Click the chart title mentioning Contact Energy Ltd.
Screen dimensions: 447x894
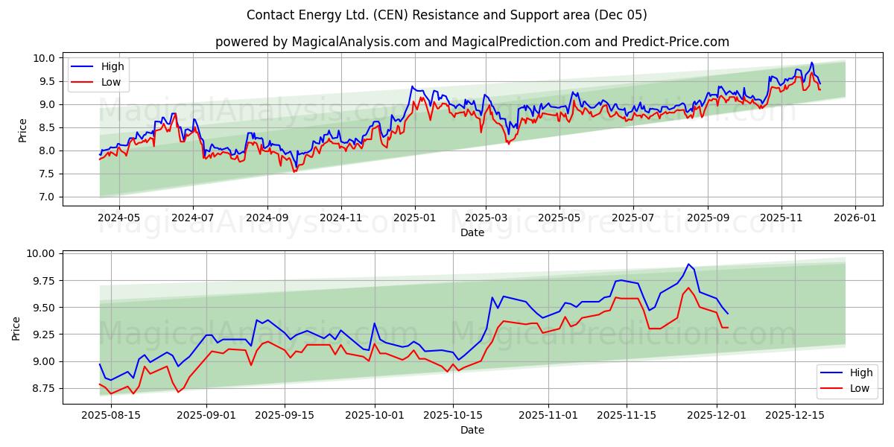(447, 15)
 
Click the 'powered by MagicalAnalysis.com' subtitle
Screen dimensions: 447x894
(472, 42)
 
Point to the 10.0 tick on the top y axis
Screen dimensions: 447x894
(45, 58)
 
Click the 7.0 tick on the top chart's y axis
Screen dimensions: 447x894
(48, 197)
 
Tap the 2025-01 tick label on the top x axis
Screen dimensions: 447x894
(414, 218)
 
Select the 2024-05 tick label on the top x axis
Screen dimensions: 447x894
(119, 218)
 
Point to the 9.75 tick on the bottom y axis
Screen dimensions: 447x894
(42, 281)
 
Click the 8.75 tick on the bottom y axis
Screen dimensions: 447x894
(42, 389)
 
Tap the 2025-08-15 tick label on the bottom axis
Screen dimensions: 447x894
(111, 415)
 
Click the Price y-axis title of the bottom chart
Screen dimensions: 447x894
(16, 328)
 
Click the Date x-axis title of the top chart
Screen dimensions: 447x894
(472, 232)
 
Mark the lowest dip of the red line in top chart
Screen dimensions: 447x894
(294, 172)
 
